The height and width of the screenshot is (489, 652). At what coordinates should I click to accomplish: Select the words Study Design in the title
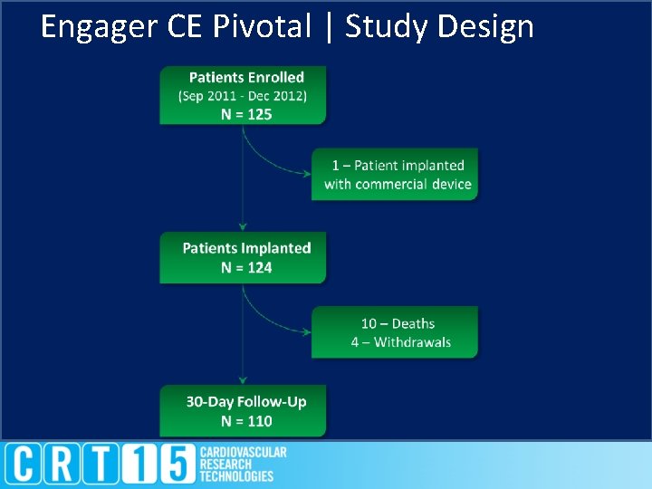(x=439, y=27)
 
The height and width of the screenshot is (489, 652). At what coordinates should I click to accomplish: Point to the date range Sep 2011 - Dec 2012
(x=243, y=96)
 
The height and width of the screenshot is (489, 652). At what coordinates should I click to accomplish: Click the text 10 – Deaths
(x=398, y=323)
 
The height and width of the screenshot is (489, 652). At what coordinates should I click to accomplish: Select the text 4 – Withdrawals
(x=401, y=342)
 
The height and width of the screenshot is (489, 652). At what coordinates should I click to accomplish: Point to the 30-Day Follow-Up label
(x=246, y=402)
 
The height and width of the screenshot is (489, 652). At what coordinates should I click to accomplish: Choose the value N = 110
(x=246, y=421)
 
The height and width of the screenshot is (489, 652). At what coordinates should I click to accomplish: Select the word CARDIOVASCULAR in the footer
(x=244, y=452)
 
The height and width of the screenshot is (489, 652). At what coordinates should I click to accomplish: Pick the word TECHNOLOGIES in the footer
(x=236, y=476)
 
